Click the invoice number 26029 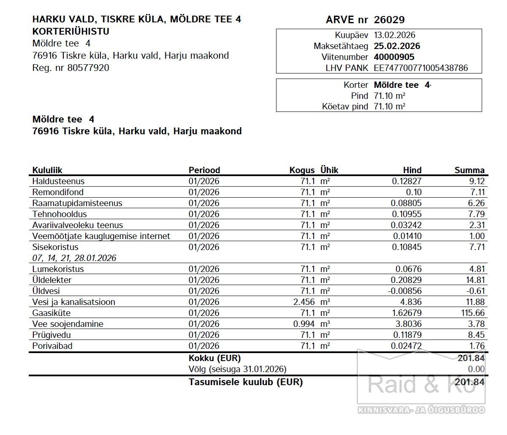point(389,20)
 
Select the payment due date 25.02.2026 point(397,46)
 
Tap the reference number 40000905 point(394,57)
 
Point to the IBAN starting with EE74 point(420,68)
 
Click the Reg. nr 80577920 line point(70,68)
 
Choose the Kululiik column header point(47,170)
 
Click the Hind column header point(412,170)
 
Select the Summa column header point(469,170)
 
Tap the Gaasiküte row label point(51,313)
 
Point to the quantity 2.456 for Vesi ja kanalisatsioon point(304,302)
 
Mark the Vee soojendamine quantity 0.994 point(304,324)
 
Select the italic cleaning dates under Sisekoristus point(74,258)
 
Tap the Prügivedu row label point(52,335)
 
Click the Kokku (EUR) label point(214,358)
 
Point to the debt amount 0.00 point(476,369)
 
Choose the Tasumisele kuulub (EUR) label point(245,382)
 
